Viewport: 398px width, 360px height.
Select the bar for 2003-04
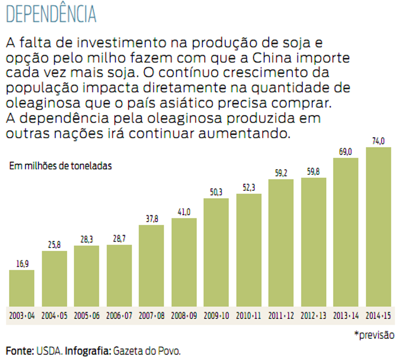pos(22,288)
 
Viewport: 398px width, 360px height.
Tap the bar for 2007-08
pos(151,266)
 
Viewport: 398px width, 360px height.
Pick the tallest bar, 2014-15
pos(378,227)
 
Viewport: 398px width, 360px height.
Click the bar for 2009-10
pos(216,252)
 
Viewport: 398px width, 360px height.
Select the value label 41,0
pos(184,212)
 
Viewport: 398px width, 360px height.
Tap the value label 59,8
pos(313,172)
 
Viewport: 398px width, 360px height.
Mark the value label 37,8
pos(151,219)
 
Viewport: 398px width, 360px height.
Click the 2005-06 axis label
pos(87,316)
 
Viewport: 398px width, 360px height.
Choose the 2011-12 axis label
pos(281,316)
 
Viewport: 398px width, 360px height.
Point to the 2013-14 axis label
pos(346,316)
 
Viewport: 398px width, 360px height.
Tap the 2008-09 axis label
pos(184,316)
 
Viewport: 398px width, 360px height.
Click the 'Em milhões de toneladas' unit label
pos(60,166)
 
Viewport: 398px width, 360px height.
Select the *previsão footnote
pos(374,335)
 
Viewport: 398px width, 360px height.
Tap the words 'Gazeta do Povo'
pos(147,351)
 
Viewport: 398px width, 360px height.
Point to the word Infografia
pos(87,351)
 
